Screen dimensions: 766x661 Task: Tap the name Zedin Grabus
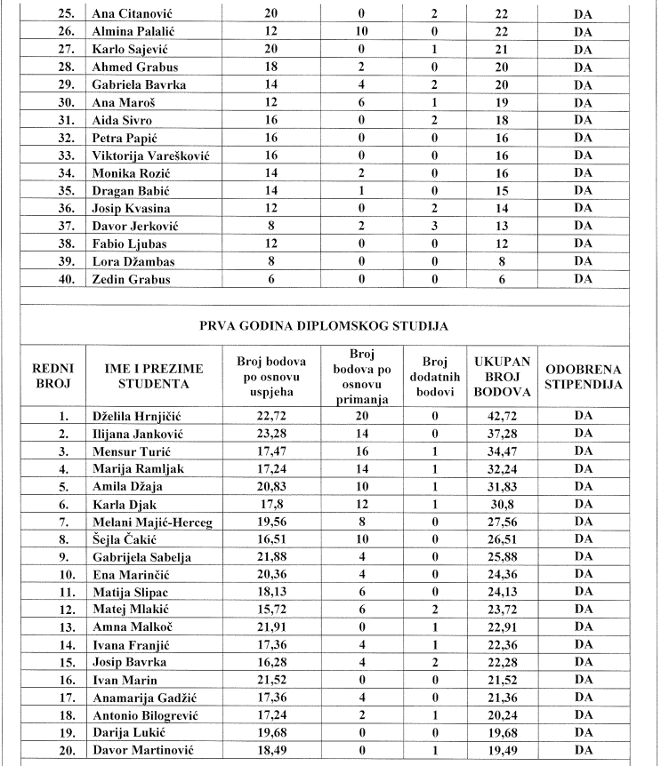point(131,279)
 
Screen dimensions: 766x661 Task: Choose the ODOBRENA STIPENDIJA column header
point(584,375)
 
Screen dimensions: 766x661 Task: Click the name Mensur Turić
point(131,451)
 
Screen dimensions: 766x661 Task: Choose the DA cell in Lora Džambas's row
point(584,261)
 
